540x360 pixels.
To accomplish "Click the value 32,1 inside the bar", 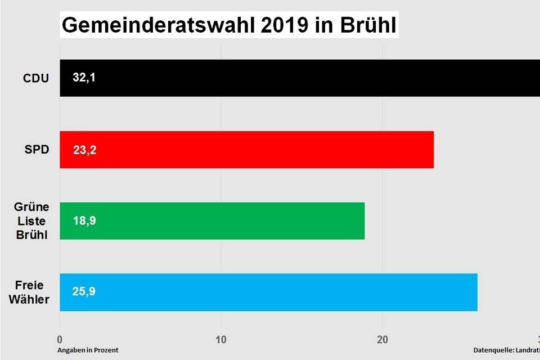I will pyautogui.click(x=84, y=78).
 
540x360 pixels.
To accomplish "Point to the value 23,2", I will pyautogui.click(x=84, y=150).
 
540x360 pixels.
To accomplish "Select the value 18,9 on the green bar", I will pyautogui.click(x=84, y=221).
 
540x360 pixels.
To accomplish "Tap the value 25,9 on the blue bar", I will pyautogui.click(x=84, y=292).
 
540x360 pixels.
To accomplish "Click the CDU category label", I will pyautogui.click(x=36, y=78).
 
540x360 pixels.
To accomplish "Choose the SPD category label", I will pyautogui.click(x=37, y=150).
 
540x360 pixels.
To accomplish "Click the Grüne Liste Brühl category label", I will pyautogui.click(x=32, y=220).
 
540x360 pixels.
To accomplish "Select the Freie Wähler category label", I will pyautogui.click(x=29, y=292).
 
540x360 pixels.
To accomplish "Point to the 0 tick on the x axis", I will pyautogui.click(x=60, y=339).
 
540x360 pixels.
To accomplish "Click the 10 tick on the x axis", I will pyautogui.click(x=221, y=339).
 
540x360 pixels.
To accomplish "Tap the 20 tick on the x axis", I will pyautogui.click(x=382, y=339).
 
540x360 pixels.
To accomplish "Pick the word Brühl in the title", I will pyautogui.click(x=366, y=26).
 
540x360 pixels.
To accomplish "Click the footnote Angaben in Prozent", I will pyautogui.click(x=88, y=350).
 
